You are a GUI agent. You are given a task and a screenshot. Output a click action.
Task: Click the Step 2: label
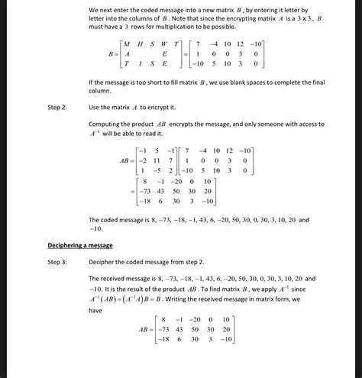click(57, 108)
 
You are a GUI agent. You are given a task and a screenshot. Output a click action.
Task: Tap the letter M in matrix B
click(127, 44)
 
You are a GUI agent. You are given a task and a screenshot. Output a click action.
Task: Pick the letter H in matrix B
click(140, 44)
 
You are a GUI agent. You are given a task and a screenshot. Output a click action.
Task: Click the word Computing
click(105, 124)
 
